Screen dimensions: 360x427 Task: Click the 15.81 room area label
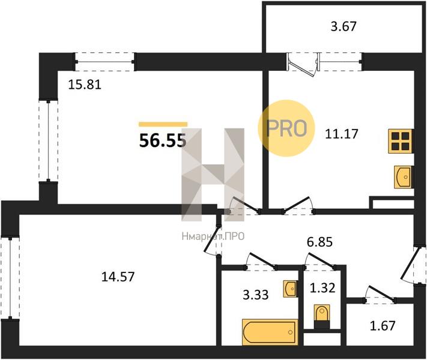85,85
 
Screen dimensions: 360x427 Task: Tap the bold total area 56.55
162,141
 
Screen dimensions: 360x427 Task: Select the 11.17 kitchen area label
341,133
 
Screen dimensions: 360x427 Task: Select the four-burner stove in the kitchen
401,141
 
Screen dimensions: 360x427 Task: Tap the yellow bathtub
270,331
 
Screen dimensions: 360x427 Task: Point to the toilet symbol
322,314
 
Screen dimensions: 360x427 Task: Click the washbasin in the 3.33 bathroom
290,288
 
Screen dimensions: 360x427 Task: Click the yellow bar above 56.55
163,124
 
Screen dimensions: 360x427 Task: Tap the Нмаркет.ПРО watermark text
213,237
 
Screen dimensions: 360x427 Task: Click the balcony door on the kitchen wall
303,62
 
